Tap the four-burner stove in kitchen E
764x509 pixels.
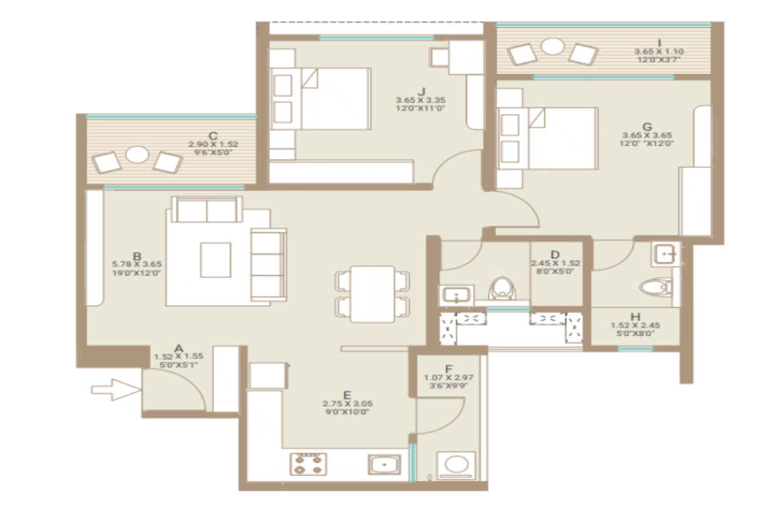click(309, 464)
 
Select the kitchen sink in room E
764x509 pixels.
click(385, 464)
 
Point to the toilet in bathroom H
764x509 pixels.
click(656, 288)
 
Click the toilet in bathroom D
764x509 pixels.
click(502, 287)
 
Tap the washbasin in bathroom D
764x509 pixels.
click(455, 295)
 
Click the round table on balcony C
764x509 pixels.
click(137, 155)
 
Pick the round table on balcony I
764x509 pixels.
click(553, 46)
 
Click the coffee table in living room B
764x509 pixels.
click(215, 259)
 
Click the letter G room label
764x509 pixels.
click(647, 125)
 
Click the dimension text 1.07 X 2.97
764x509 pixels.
click(449, 377)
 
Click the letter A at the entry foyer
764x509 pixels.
click(179, 348)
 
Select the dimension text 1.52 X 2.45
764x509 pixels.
click(635, 325)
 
